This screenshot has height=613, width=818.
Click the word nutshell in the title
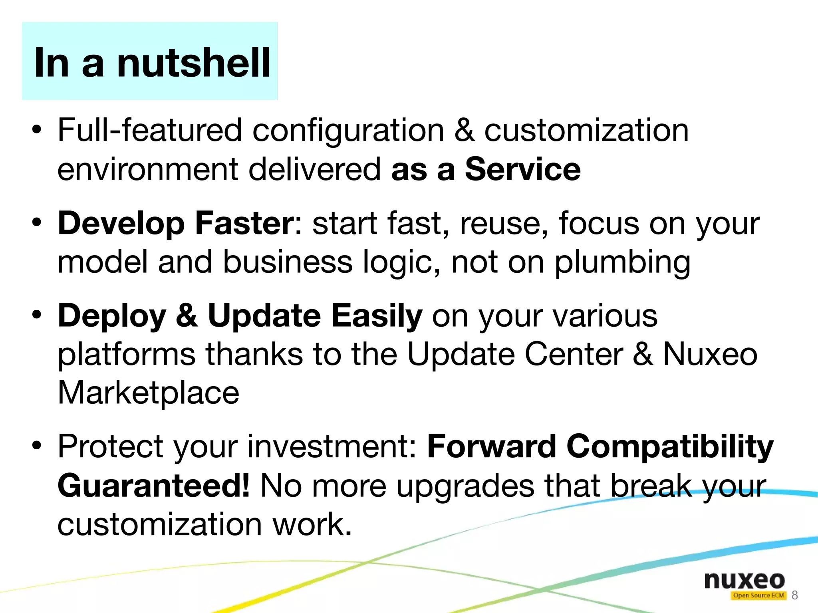coord(193,63)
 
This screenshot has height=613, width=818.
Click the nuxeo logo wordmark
coord(745,580)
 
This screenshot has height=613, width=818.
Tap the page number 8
coord(794,595)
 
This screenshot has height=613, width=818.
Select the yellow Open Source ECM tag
coord(758,595)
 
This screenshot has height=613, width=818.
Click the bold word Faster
coord(244,223)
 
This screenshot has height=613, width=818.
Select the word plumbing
coord(622,262)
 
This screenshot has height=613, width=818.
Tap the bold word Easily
coord(377,315)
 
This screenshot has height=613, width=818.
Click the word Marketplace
coord(148,393)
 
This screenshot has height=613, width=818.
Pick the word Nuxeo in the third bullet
coord(710,354)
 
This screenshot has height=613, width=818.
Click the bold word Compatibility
coord(670,446)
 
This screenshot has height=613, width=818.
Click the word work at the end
coord(312,524)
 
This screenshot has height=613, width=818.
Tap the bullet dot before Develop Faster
coord(37,222)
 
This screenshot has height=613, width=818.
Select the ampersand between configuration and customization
coord(465,130)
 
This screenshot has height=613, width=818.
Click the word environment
coord(148,169)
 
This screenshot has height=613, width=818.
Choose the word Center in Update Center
coord(574,354)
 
